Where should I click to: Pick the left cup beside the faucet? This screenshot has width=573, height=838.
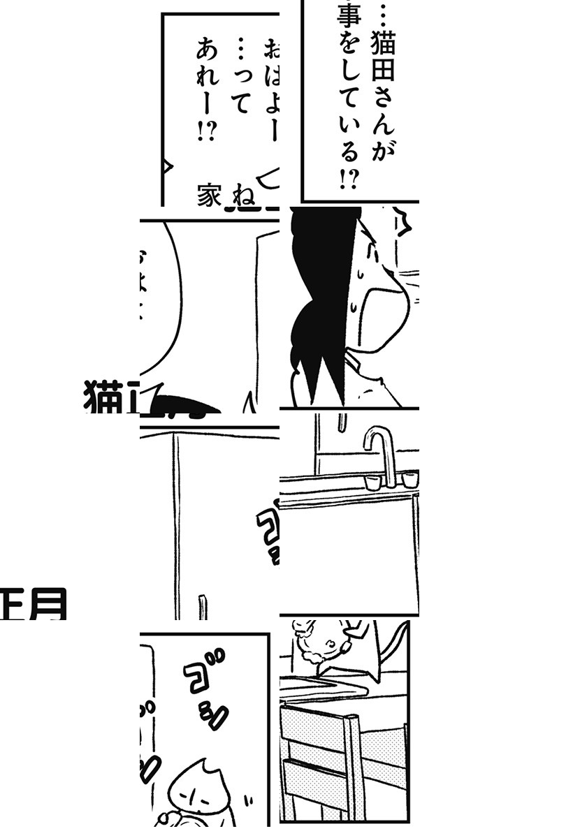[x=370, y=482]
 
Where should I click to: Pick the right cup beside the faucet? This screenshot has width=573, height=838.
[x=409, y=479]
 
